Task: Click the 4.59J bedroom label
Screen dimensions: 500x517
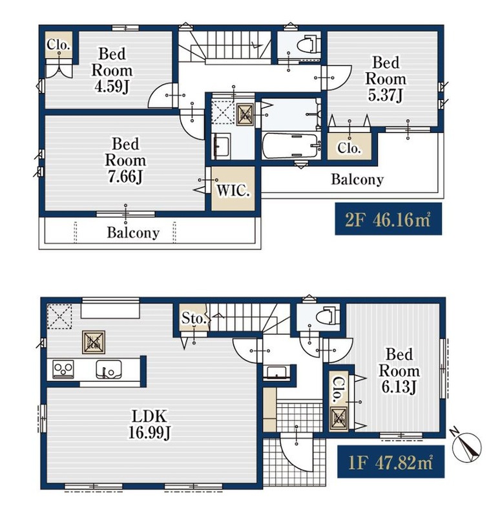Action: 112,70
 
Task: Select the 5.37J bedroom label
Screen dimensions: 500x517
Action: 385,79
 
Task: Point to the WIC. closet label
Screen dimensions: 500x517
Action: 233,190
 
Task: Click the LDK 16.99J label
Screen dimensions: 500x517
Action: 149,425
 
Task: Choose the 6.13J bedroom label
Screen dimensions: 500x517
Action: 399,370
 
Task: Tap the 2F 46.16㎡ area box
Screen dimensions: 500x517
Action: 388,219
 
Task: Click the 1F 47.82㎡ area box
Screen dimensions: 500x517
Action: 391,461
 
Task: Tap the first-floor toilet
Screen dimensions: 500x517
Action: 327,316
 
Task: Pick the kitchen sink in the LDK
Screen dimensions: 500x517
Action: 109,369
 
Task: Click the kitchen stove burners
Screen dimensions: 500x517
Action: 63,369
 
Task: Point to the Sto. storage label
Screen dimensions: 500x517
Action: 194,318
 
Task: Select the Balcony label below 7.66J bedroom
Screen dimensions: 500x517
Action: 133,233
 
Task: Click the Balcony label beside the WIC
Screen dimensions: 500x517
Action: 357,180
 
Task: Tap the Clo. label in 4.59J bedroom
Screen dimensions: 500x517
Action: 59,45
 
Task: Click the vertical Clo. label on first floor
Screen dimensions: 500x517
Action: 337,390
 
